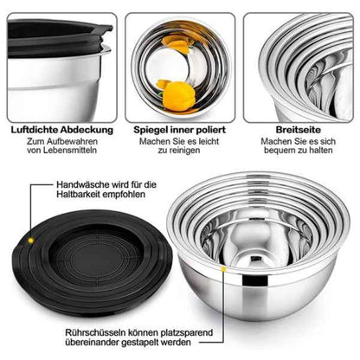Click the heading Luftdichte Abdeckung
tap(62, 130)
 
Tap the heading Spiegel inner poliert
tap(179, 130)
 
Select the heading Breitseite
tap(299, 130)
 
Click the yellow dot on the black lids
tap(31, 241)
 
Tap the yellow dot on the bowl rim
tap(223, 269)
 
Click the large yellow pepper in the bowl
tap(179, 97)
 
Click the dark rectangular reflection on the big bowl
tap(254, 280)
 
